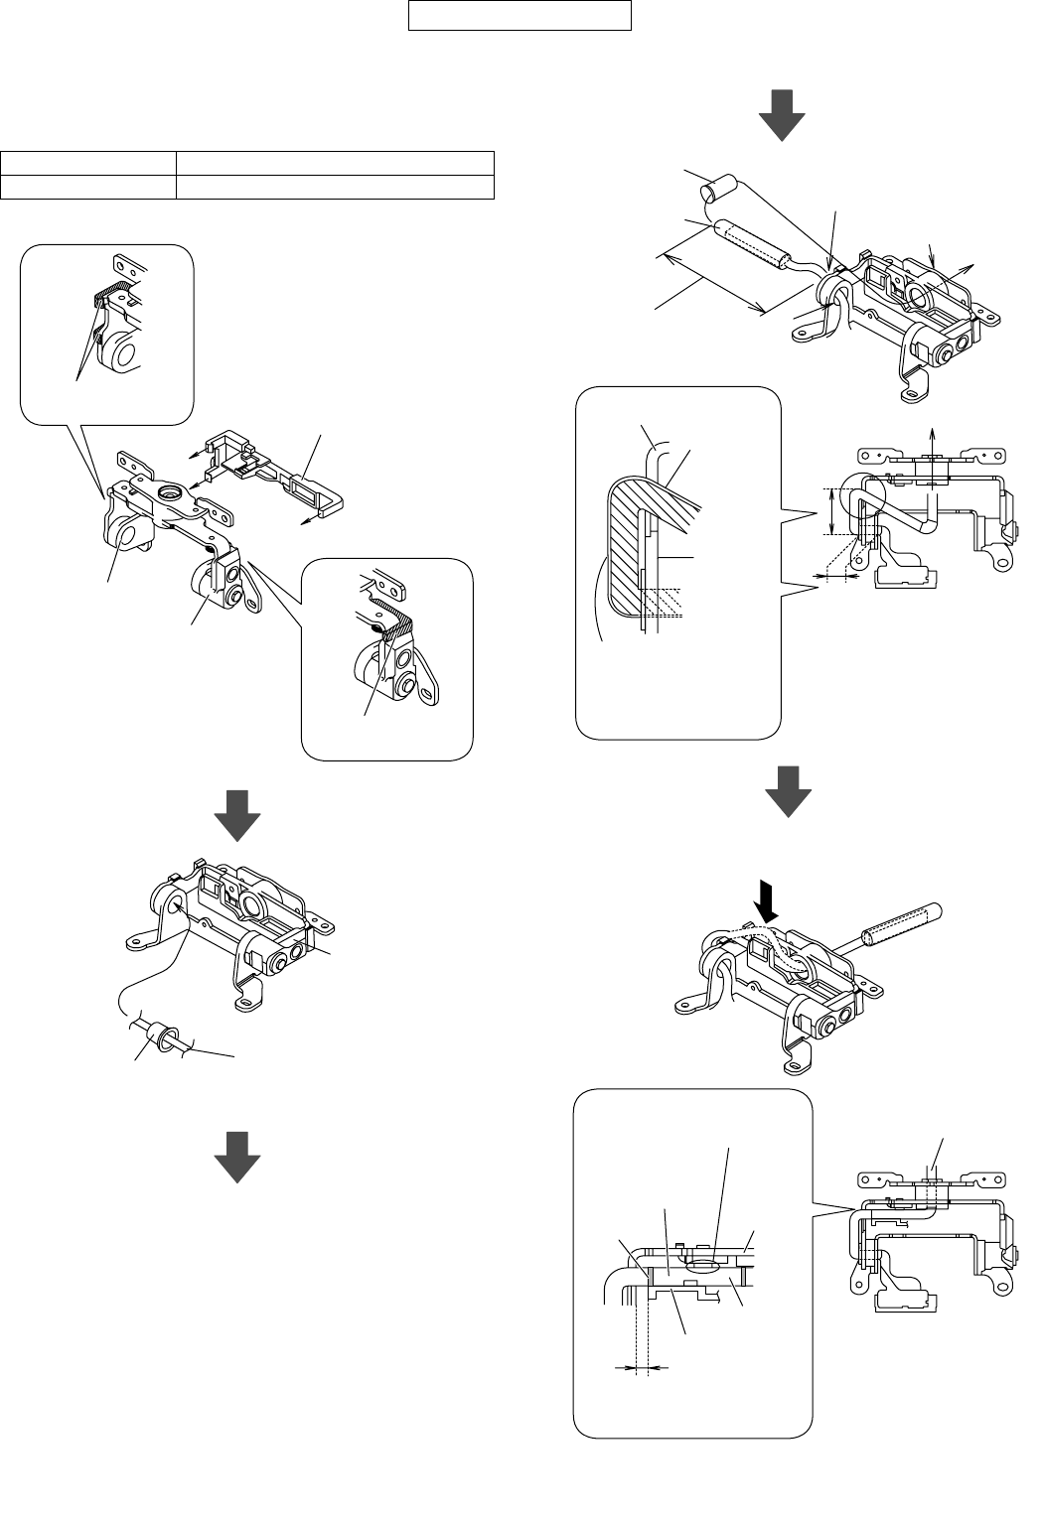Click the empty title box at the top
521,16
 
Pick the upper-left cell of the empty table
88,163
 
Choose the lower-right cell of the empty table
335,187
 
